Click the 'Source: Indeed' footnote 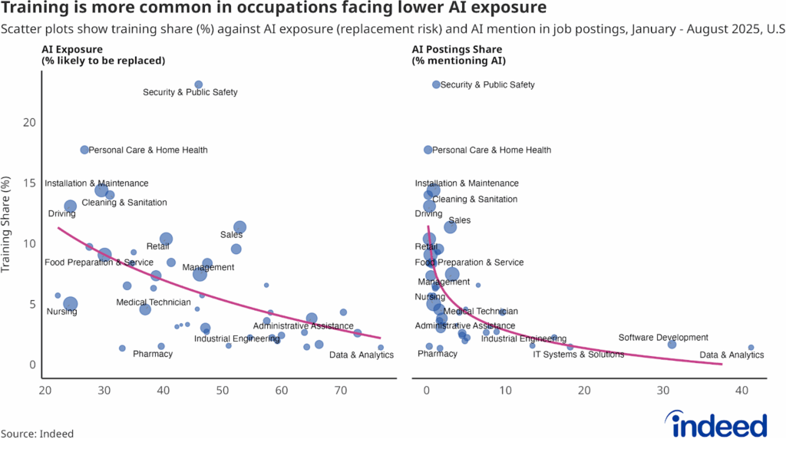coord(37,434)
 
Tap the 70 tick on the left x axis coord(342,391)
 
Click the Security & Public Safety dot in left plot coord(198,84)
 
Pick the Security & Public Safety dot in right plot coord(436,84)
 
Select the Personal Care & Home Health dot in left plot coord(84,150)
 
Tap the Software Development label coord(663,338)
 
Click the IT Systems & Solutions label coord(578,355)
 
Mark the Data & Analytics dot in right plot coord(751,348)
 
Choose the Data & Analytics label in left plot coord(361,355)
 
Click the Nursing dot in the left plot coord(70,304)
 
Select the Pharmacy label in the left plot coord(153,354)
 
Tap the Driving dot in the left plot coord(70,206)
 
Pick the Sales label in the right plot coord(459,220)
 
